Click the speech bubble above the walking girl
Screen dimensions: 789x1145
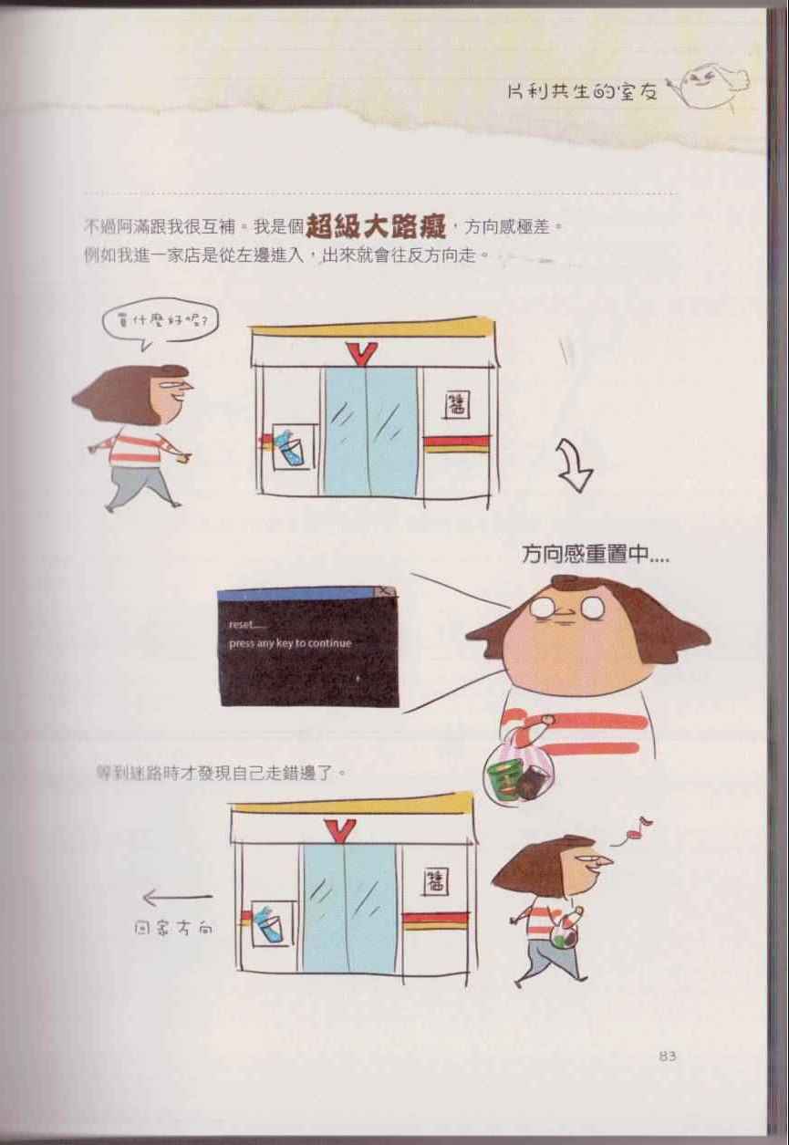tap(160, 325)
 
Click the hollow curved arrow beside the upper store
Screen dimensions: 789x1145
tap(575, 464)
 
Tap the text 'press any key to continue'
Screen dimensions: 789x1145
tap(290, 643)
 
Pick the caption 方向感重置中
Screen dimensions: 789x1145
tap(596, 554)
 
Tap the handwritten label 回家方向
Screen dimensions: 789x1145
tap(173, 928)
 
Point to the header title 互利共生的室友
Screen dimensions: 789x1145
tap(582, 92)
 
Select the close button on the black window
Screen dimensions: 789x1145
tap(386, 592)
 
